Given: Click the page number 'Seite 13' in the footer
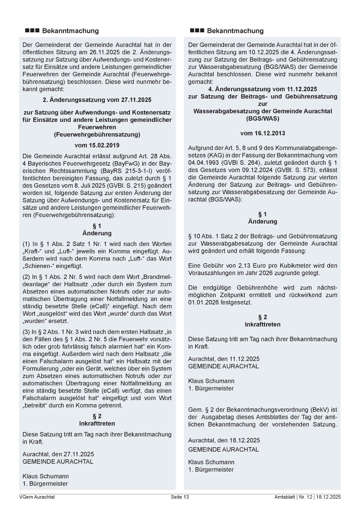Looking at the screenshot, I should (x=180, y=497).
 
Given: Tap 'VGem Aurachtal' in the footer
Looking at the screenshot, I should (x=37, y=497).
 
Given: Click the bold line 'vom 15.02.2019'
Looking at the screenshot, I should (x=97, y=145).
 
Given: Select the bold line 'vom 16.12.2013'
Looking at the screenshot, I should (x=263, y=133).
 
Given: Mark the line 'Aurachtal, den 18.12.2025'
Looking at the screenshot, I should (x=224, y=440).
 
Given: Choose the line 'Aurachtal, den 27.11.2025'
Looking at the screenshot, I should (x=58, y=454).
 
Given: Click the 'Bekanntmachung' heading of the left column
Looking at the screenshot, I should (x=70, y=31).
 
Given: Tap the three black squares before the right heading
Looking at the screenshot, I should (x=197, y=31).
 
